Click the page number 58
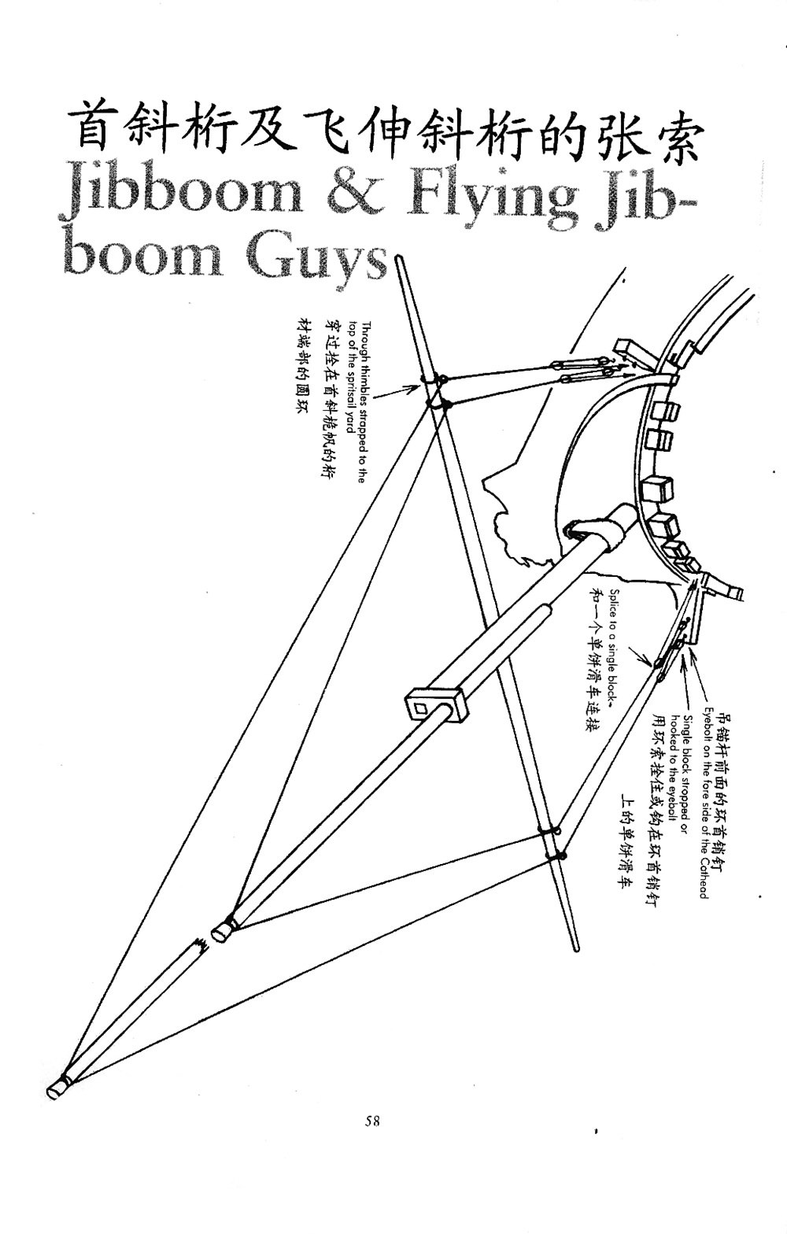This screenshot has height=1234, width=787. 373,1121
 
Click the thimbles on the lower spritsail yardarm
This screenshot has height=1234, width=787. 551,842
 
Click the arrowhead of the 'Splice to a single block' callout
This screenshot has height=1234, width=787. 652,663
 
